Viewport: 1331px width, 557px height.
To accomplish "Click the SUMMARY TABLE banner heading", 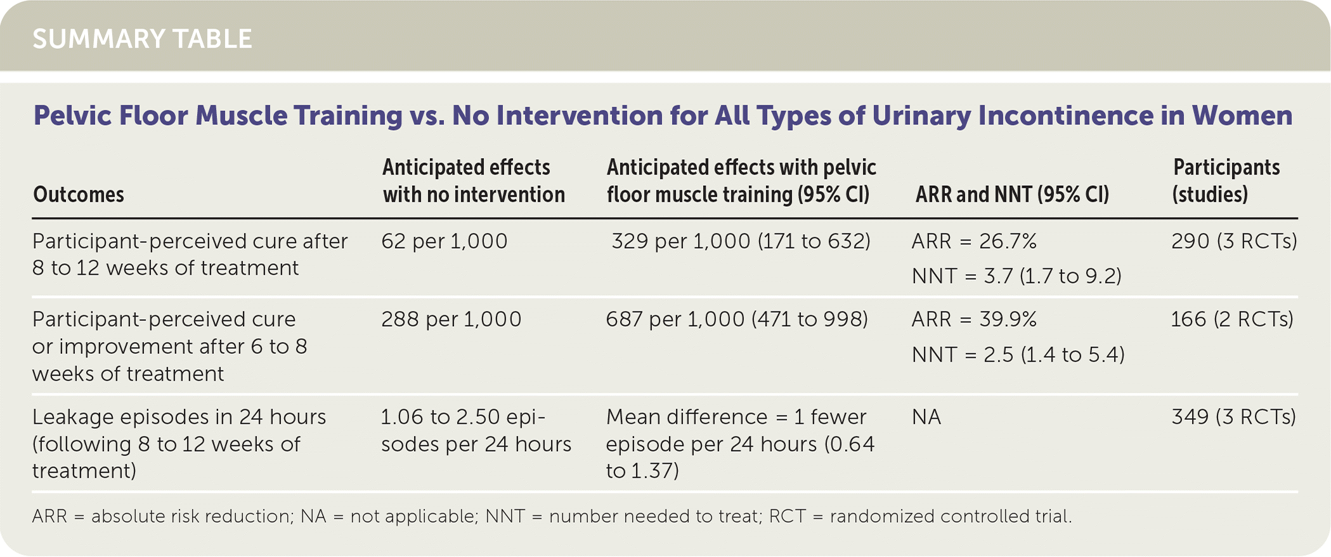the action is coord(142,39).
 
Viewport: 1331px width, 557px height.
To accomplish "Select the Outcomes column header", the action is coord(79,195).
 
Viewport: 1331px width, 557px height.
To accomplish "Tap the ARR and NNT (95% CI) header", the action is coord(1012,195).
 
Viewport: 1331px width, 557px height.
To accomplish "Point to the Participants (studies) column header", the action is coord(1226,181).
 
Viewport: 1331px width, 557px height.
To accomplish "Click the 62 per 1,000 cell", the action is coord(445,242).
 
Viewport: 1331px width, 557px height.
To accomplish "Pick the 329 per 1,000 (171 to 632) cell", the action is coord(741,242).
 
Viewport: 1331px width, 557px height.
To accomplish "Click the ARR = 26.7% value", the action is coord(974,242).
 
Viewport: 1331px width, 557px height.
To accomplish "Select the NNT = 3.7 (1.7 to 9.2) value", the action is coord(1016,276).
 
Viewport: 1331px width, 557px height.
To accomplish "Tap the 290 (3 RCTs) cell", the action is coord(1234,242).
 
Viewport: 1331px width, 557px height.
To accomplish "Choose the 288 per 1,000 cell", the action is coord(451,319).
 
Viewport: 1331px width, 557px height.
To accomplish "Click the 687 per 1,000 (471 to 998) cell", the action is coord(737,319).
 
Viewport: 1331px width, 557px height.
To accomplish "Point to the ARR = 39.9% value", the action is coord(974,319).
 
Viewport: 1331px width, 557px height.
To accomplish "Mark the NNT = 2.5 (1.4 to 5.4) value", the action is coord(1018,354).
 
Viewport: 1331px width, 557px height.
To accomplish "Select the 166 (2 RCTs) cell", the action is coord(1232,319).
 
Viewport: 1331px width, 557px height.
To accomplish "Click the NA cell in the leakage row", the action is coord(926,417).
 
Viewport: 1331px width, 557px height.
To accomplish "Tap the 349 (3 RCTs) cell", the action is coord(1234,417).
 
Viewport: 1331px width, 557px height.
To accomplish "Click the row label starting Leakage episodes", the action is coord(179,444).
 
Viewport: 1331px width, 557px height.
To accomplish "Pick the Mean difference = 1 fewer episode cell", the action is coord(740,444).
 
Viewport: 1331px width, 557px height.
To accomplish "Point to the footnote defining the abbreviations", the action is coord(552,516).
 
